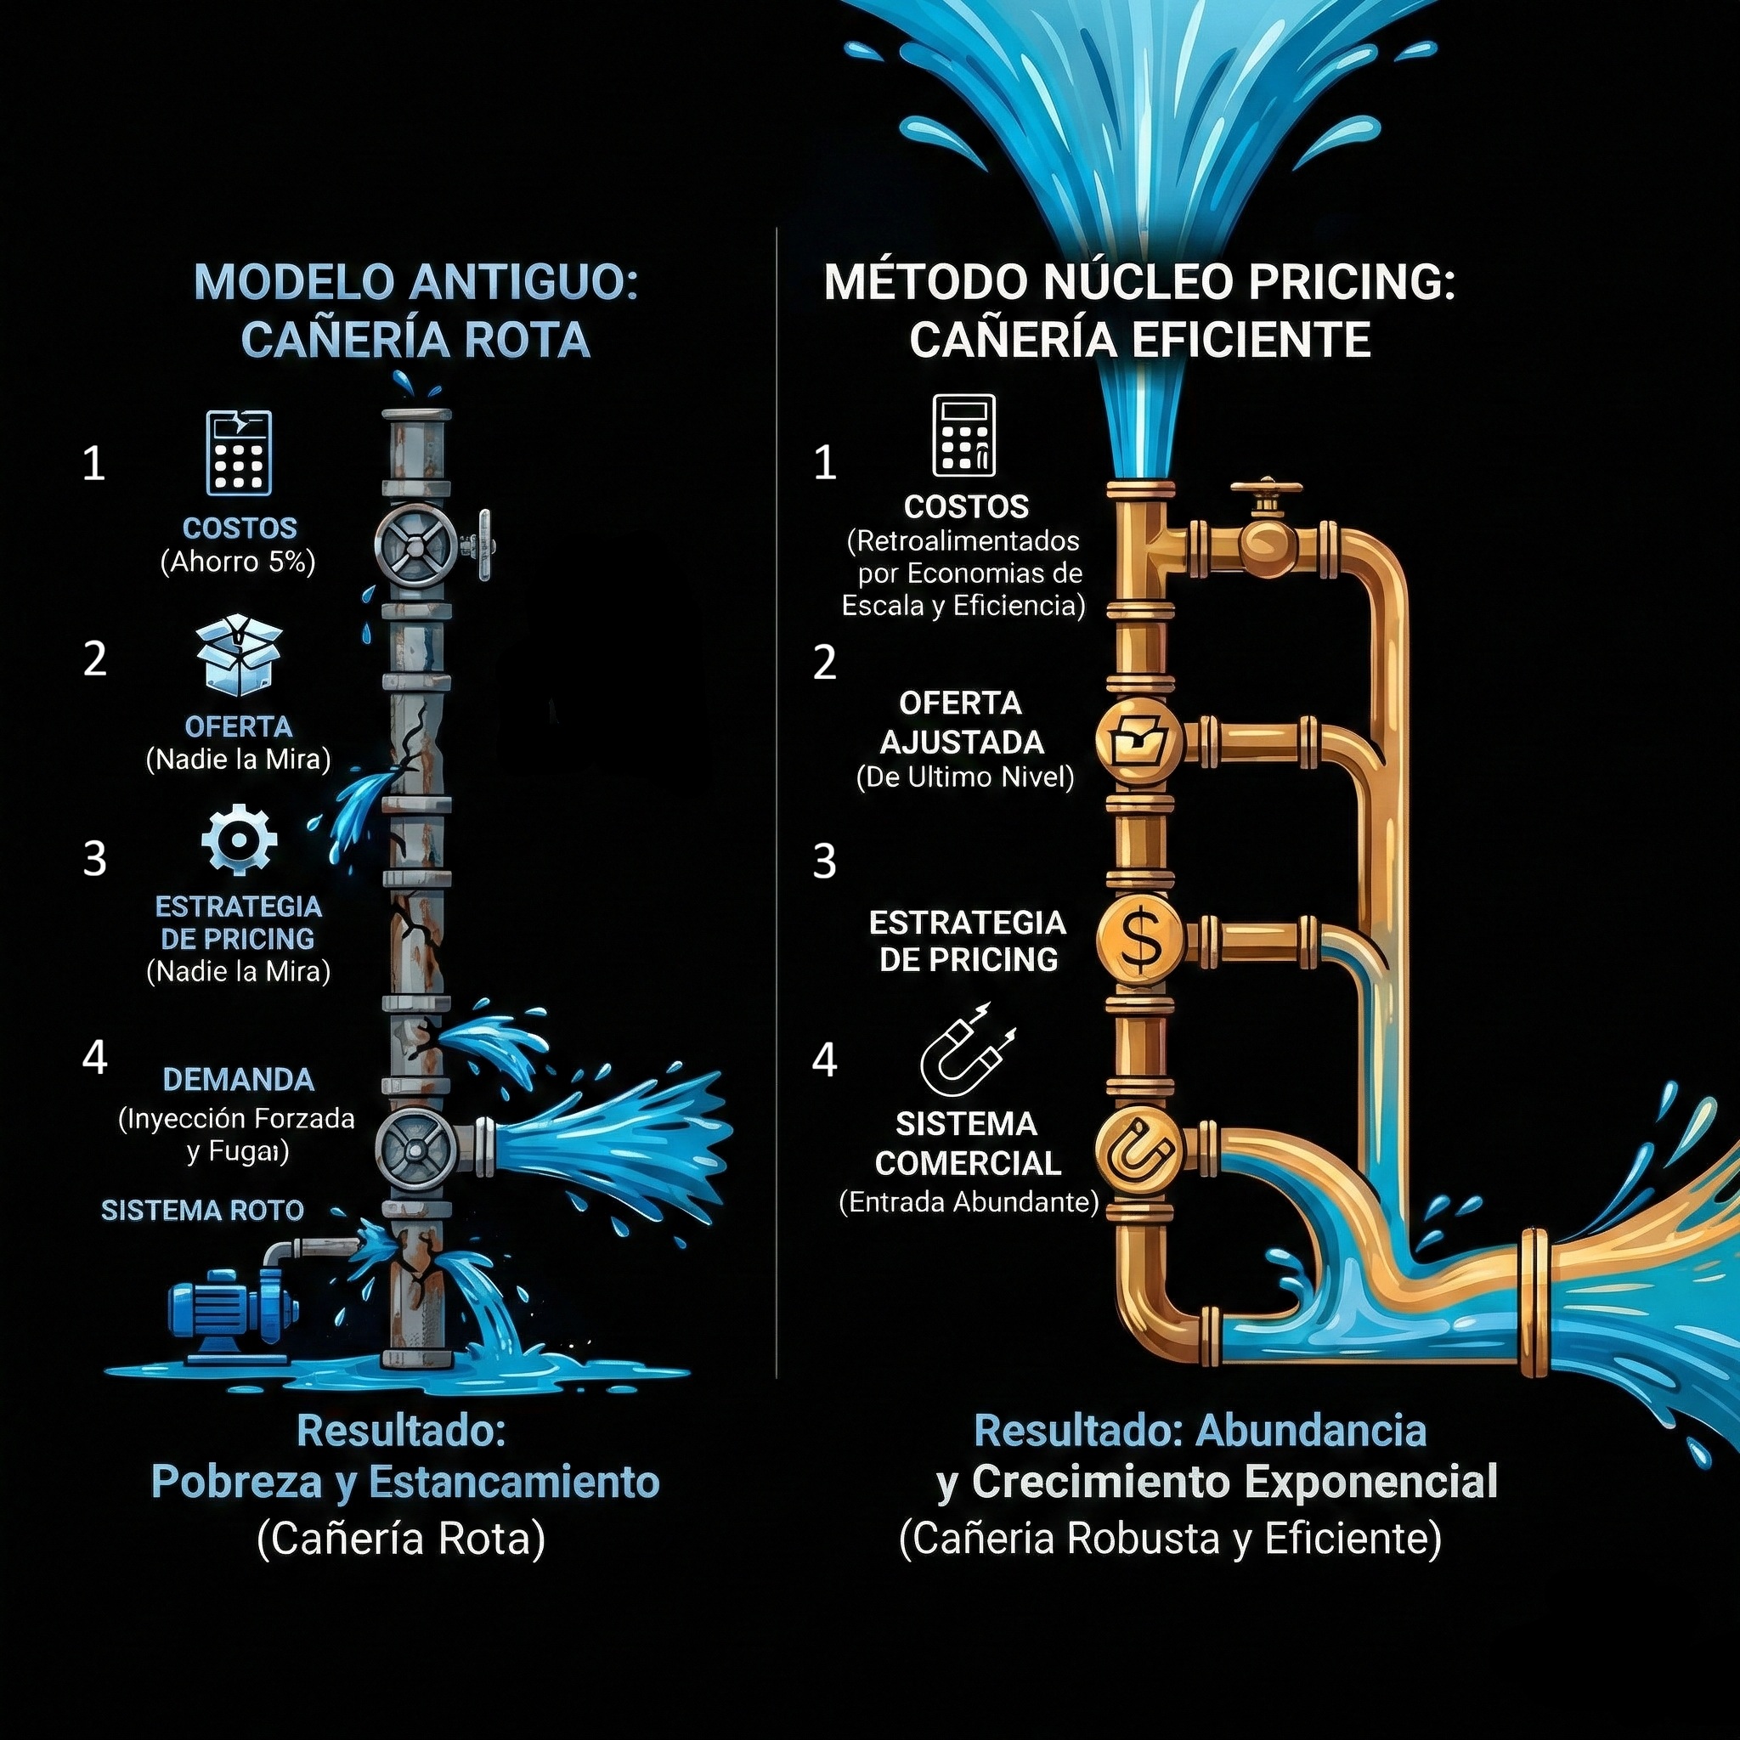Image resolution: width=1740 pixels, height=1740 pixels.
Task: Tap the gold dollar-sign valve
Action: pyautogui.click(x=1139, y=940)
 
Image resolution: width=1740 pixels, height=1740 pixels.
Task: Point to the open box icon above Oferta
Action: pyautogui.click(x=239, y=655)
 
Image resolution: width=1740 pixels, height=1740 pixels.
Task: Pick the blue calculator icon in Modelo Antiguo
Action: pyautogui.click(x=239, y=453)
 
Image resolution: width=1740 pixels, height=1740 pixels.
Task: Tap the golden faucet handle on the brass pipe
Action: pyautogui.click(x=1266, y=491)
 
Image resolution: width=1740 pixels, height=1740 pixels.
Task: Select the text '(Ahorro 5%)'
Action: pyautogui.click(x=238, y=562)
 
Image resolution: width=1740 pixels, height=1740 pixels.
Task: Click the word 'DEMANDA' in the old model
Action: pyautogui.click(x=239, y=1079)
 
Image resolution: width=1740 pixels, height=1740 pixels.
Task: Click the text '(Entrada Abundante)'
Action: pyautogui.click(x=969, y=1202)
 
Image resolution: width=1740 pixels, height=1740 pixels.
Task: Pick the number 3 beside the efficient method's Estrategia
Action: pyautogui.click(x=824, y=862)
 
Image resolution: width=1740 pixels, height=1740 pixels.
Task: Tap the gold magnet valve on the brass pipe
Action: pyautogui.click(x=1139, y=1154)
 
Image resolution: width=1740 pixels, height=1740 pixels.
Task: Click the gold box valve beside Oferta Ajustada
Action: pyautogui.click(x=1139, y=740)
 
